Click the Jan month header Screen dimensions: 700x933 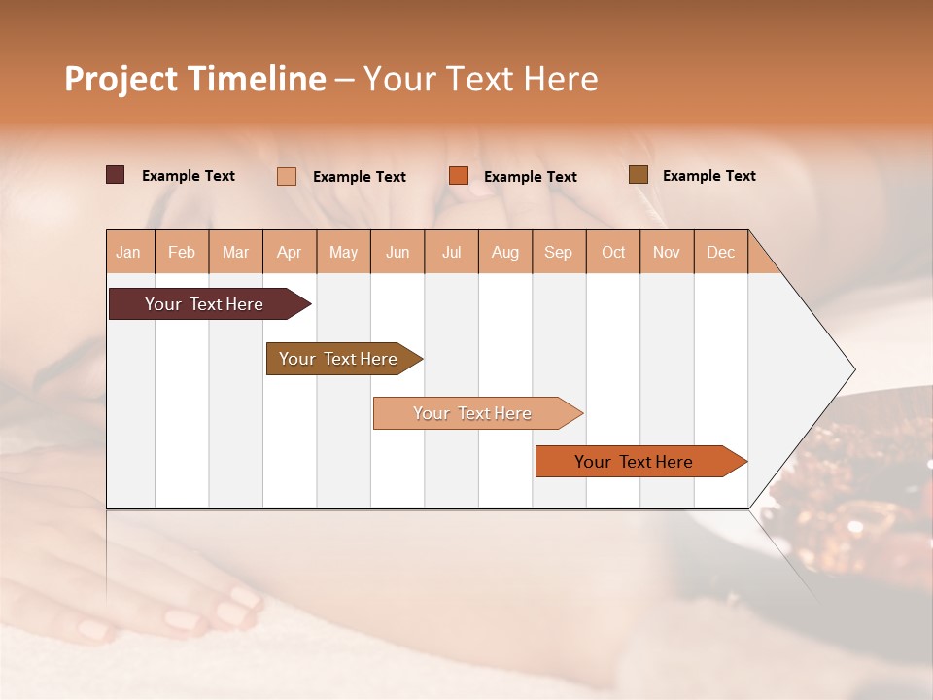[129, 252]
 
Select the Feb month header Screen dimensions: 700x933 [182, 252]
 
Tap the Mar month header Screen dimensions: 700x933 [235, 252]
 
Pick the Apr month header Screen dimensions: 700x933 [290, 252]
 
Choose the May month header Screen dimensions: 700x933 [343, 252]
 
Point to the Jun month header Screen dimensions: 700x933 [397, 252]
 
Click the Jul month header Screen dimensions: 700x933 [451, 252]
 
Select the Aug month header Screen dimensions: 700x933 [505, 252]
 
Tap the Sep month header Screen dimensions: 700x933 [559, 252]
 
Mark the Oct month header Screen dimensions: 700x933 [613, 252]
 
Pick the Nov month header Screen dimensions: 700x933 [667, 252]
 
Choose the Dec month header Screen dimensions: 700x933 [720, 252]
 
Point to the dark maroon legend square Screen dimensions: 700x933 [116, 175]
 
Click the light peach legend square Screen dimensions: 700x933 [287, 176]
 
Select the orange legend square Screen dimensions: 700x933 [459, 176]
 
